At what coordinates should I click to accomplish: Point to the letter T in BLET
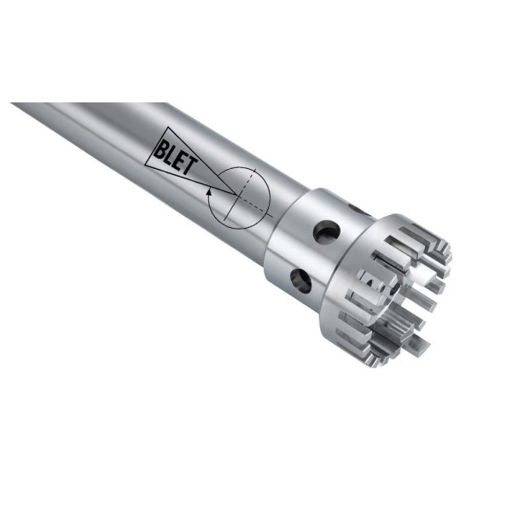pos(192,165)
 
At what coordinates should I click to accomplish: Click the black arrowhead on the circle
pos(209,191)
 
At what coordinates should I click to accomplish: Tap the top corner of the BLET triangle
pos(168,127)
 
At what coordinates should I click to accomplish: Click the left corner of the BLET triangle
pos(146,166)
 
